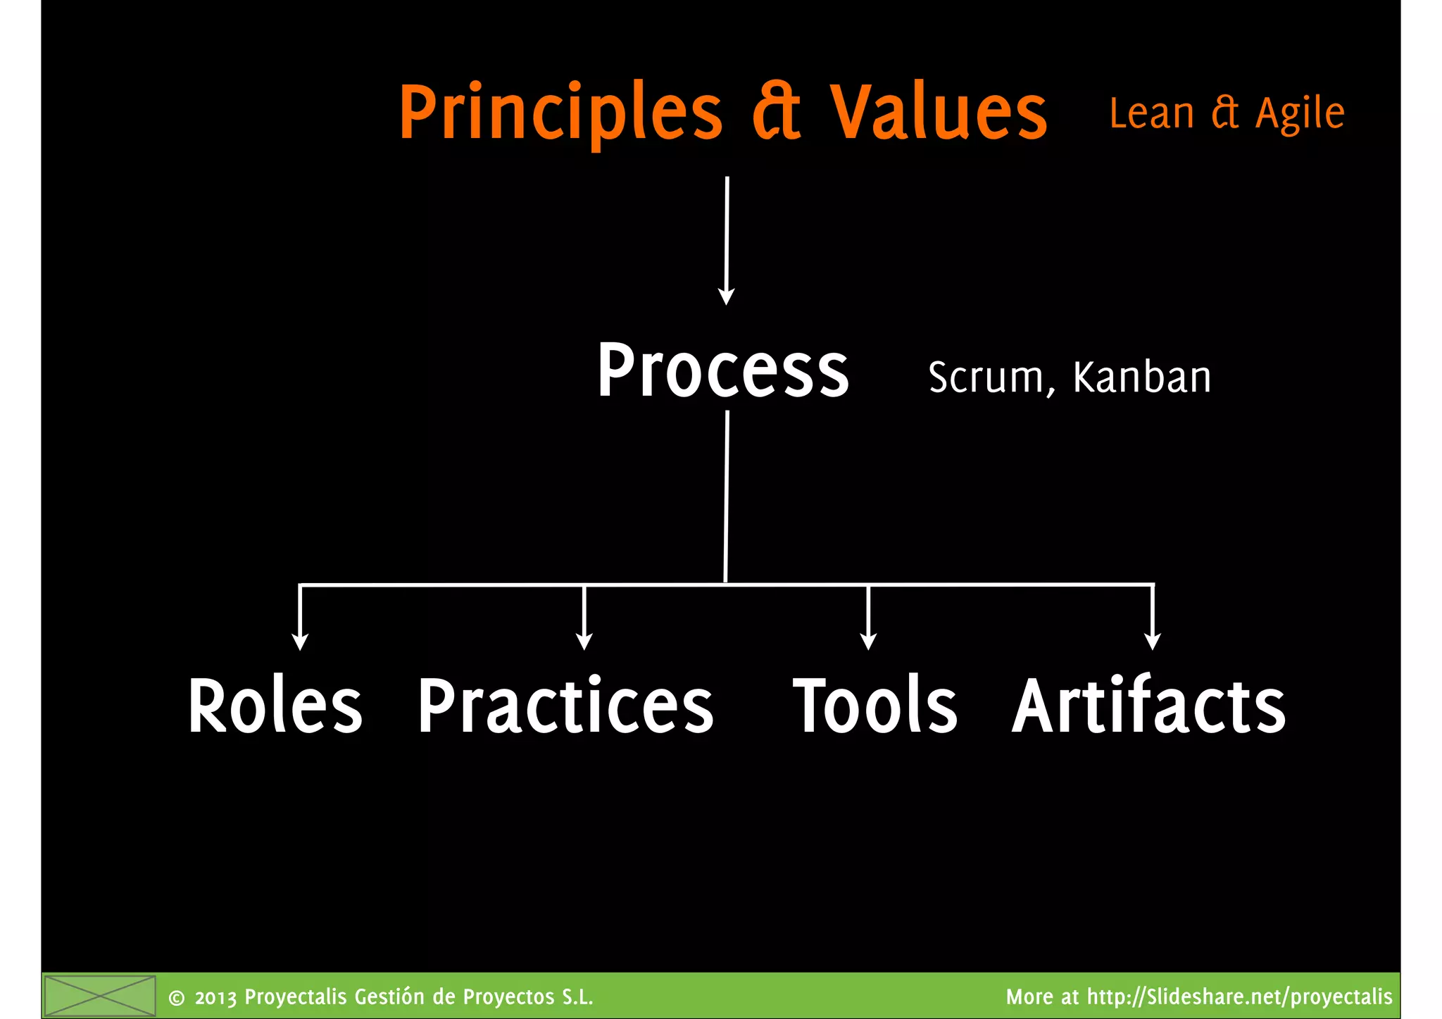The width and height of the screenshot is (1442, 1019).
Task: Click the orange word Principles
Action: tap(560, 113)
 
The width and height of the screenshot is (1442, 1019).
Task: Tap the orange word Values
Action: tap(938, 113)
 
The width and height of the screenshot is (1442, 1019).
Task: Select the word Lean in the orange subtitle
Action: tap(1151, 113)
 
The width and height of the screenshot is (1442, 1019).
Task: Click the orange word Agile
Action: tap(1300, 114)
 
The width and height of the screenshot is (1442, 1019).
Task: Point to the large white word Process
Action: tap(723, 371)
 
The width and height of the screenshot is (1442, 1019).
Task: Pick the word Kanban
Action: tap(1141, 377)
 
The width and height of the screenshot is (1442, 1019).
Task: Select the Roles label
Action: tap(275, 706)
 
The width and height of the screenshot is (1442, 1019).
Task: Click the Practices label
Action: tap(565, 706)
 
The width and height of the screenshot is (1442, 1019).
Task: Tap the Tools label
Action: tap(875, 706)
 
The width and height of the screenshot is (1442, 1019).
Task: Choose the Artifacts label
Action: tap(1148, 706)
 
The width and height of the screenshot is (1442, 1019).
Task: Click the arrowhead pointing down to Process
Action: tap(726, 296)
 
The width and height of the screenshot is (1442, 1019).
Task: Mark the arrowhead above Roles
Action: tap(300, 642)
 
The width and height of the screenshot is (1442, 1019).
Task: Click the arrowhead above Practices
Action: tap(584, 642)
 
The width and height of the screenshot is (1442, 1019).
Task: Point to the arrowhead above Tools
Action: tap(868, 642)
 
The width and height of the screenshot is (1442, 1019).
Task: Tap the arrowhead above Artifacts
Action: tap(1152, 642)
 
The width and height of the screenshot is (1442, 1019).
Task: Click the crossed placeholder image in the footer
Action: tap(99, 996)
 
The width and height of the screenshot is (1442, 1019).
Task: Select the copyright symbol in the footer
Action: tap(177, 998)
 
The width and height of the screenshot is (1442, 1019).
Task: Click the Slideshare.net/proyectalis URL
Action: tap(1239, 997)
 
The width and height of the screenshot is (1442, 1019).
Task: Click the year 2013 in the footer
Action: tap(215, 998)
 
